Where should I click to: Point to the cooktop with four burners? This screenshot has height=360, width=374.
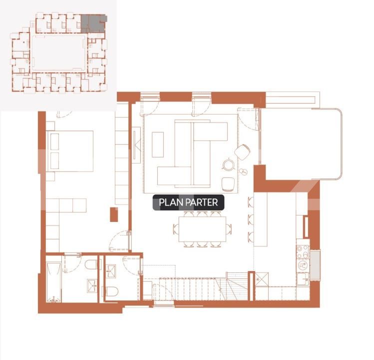point(303,253)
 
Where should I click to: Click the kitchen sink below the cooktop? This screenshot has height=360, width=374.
point(303,278)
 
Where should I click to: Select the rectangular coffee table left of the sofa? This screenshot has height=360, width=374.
point(158,144)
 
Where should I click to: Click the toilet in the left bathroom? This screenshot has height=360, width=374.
point(90,264)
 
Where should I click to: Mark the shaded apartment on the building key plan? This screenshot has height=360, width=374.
point(93,23)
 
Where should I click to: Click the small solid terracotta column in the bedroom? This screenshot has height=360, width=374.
point(114,214)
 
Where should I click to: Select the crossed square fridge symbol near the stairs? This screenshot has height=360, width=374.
point(262,278)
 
